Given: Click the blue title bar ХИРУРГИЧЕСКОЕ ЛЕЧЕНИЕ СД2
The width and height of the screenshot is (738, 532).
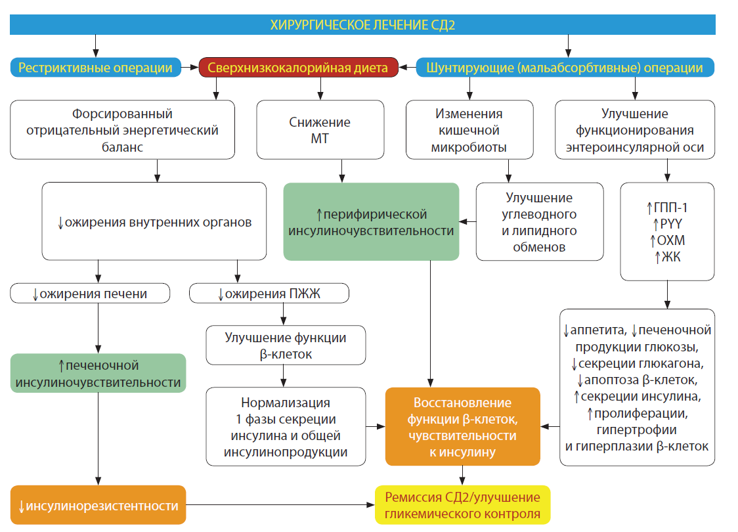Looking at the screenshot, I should pos(362,25).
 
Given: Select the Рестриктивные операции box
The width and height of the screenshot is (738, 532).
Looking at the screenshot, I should pos(96,68).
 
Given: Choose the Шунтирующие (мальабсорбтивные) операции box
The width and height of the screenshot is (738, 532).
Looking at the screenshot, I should pos(564,68).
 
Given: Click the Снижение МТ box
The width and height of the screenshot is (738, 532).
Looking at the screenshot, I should pos(320,129).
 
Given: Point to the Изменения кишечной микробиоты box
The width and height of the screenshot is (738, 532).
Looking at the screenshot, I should pos(469,129).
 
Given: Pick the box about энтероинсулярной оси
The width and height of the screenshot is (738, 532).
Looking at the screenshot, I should pos(634,129).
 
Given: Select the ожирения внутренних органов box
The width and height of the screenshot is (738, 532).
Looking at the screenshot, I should pos(154,222).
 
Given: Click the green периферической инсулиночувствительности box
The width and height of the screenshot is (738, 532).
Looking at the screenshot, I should pos(371,222).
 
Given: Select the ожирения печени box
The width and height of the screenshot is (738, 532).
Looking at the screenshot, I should pos(90,293).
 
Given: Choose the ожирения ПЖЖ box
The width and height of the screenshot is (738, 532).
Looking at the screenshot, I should pos(269,293).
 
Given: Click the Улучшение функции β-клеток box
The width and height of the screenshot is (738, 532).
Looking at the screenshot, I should pos(286,345).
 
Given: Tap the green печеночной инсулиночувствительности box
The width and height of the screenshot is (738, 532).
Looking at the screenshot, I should pos(98,373).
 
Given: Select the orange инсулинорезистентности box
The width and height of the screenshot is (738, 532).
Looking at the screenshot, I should pos(98,506).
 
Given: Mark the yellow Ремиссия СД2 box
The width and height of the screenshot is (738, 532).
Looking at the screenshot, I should pos(462,505).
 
